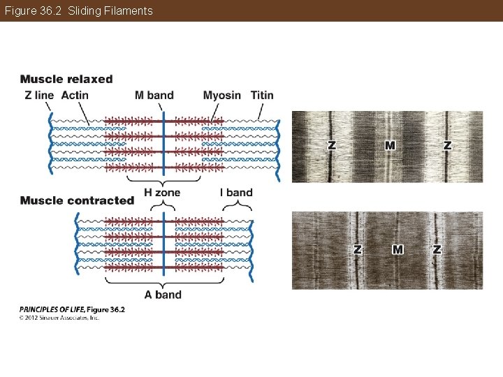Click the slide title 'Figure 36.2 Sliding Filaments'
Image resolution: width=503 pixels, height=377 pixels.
[x=78, y=10]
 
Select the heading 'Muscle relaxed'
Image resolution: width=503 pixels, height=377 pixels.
[x=66, y=79]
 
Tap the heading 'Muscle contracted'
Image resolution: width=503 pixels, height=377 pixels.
[x=77, y=200]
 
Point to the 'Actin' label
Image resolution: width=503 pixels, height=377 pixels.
[x=75, y=95]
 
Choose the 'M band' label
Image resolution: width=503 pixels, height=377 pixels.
[x=154, y=95]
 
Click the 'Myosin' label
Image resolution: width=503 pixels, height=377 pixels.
[x=222, y=95]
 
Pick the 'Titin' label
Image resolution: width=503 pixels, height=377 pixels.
[x=262, y=95]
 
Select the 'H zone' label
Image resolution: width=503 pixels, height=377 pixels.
[x=162, y=192]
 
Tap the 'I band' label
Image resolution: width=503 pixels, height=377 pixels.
[x=236, y=192]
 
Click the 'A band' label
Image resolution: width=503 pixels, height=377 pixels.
[x=163, y=295]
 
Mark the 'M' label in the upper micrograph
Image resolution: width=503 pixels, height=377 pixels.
[x=390, y=145]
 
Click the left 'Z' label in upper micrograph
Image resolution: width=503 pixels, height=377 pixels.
[x=332, y=145]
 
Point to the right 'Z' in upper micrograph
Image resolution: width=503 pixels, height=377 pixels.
[x=447, y=145]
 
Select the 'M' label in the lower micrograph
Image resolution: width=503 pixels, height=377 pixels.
[x=398, y=249]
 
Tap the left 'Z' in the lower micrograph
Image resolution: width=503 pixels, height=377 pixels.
[x=358, y=249]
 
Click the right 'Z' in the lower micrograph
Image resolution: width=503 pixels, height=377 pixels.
[x=437, y=249]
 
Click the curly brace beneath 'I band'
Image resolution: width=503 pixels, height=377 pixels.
[x=237, y=206]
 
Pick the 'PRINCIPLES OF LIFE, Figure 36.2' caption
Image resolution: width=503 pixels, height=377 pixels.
[x=72, y=309]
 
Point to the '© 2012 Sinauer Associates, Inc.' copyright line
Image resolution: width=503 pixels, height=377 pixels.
[x=59, y=318]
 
